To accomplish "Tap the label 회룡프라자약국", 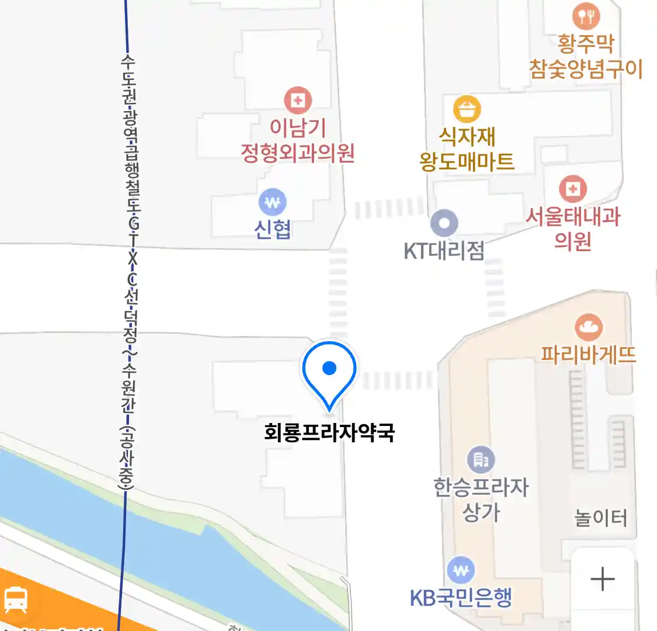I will (329, 433).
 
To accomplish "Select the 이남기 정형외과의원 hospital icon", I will (298, 100).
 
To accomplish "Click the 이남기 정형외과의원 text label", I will (298, 141).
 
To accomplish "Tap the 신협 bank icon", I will (273, 203).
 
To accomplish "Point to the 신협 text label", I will (273, 230).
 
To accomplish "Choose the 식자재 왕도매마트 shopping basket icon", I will (467, 109).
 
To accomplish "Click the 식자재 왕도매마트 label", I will (467, 150).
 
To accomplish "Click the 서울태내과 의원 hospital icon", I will (573, 189).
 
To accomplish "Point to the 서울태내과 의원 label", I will (573, 228).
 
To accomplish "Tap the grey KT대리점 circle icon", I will (444, 223).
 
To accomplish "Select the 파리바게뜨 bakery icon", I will (589, 327).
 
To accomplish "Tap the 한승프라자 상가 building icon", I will (481, 460).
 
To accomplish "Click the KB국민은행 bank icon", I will (461, 570).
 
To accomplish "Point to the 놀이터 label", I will (601, 518).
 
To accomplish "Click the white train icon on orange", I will (16, 599).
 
